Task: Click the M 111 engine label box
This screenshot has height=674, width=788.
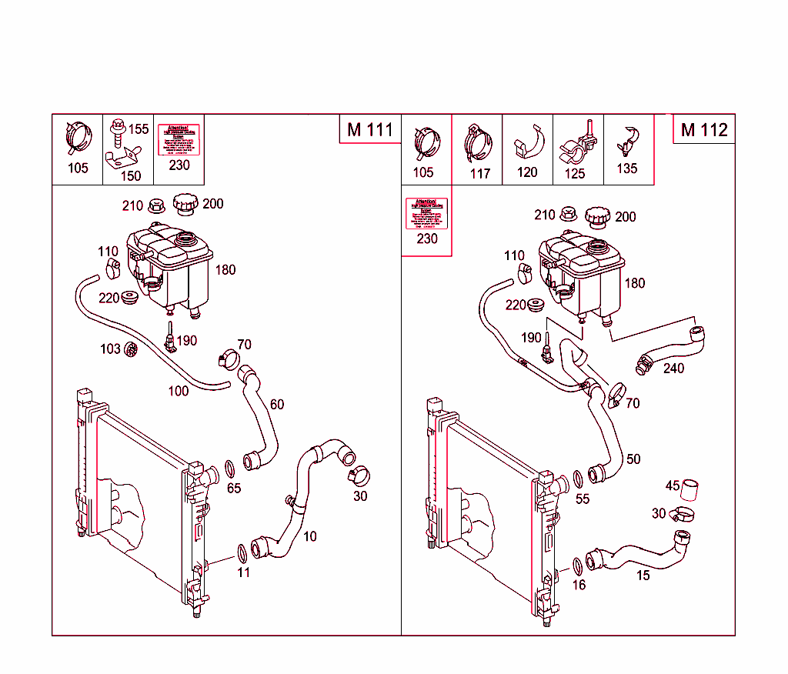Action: pyautogui.click(x=370, y=129)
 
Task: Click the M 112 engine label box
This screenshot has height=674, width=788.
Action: pyautogui.click(x=704, y=129)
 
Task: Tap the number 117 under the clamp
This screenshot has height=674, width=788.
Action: pyautogui.click(x=479, y=173)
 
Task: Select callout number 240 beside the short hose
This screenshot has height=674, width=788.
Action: pyautogui.click(x=673, y=369)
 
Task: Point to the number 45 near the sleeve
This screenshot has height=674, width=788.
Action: pyautogui.click(x=673, y=485)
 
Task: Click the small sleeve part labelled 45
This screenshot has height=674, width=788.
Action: pyautogui.click(x=691, y=490)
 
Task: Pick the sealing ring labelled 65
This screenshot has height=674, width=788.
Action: pyautogui.click(x=230, y=469)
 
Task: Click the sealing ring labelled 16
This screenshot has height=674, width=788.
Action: pyautogui.click(x=577, y=567)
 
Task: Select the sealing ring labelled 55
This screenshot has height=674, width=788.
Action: pyautogui.click(x=579, y=480)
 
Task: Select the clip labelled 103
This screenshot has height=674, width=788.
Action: pyautogui.click(x=131, y=350)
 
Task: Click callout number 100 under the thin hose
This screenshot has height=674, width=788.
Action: pyautogui.click(x=178, y=391)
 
